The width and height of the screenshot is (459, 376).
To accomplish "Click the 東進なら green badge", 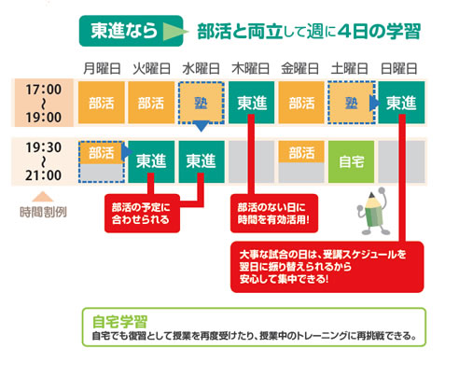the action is point(131,31).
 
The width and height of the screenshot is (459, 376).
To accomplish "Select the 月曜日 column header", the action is point(102,68).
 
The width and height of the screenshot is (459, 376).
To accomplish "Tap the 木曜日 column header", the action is point(251,68).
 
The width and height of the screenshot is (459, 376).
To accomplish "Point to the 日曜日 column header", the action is point(399,68).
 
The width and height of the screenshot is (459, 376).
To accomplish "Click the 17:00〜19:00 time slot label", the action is point(43,104).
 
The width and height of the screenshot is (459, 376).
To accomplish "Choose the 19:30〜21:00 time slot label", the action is point(43,161).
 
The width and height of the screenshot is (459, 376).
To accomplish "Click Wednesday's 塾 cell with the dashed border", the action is point(202,103).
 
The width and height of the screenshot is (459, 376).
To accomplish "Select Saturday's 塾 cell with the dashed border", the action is point(352,103).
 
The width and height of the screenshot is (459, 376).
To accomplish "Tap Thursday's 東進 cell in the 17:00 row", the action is point(252,103).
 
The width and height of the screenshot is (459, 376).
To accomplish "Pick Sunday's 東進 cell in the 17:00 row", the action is point(401,103).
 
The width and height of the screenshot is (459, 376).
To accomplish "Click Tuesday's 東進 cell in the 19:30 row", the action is point(151,161).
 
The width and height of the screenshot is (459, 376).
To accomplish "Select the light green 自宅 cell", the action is point(351,161).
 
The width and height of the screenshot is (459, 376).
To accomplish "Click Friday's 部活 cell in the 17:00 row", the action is point(301,103).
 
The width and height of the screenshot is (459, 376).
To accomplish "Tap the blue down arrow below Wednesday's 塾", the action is point(202,126).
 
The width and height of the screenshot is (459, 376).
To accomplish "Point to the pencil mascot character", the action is point(373,211).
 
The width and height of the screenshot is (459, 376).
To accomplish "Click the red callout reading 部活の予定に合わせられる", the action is point(142,214).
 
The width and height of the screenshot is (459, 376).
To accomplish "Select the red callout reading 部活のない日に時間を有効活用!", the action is point(274,214).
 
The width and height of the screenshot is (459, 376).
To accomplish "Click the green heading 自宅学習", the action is point(120,322).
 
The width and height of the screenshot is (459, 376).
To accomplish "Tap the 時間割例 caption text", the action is point(43,212).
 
